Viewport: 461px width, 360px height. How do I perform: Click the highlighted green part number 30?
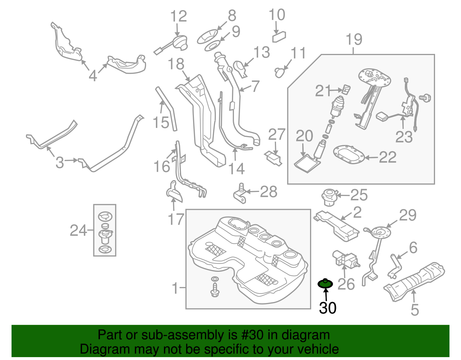click(325, 284)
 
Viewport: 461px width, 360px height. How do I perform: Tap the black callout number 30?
click(328, 308)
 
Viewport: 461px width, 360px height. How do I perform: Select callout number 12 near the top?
click(179, 16)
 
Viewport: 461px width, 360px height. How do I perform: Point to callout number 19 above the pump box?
click(354, 39)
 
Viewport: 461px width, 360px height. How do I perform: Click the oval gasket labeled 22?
click(349, 155)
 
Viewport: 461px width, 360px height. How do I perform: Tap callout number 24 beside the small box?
click(78, 231)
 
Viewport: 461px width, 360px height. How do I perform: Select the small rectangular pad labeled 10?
click(279, 37)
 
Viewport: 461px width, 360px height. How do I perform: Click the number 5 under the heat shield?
click(415, 310)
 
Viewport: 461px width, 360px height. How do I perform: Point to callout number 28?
click(269, 192)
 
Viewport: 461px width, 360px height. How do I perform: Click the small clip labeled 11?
click(280, 72)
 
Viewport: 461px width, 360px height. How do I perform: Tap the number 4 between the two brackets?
click(93, 76)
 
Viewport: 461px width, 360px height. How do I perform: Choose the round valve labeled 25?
click(329, 197)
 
